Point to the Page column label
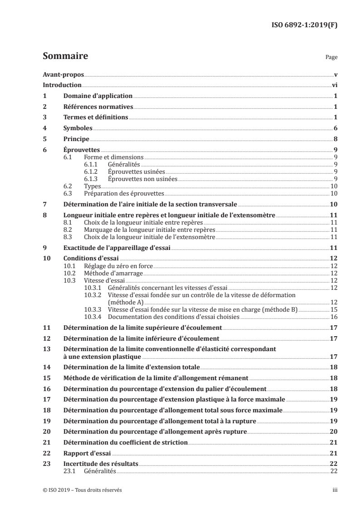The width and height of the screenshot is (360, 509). tap(331, 58)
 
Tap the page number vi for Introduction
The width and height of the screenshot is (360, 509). tap(334, 85)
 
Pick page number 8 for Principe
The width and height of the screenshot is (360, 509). tap(335, 139)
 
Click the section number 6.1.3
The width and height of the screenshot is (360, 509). tap(92, 180)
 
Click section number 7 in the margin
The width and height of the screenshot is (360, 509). tap(44, 205)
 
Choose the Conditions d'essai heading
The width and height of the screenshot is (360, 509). tap(87, 258)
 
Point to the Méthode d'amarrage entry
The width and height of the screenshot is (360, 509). tap(113, 273)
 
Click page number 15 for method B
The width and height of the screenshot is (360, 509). tap(333, 309)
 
